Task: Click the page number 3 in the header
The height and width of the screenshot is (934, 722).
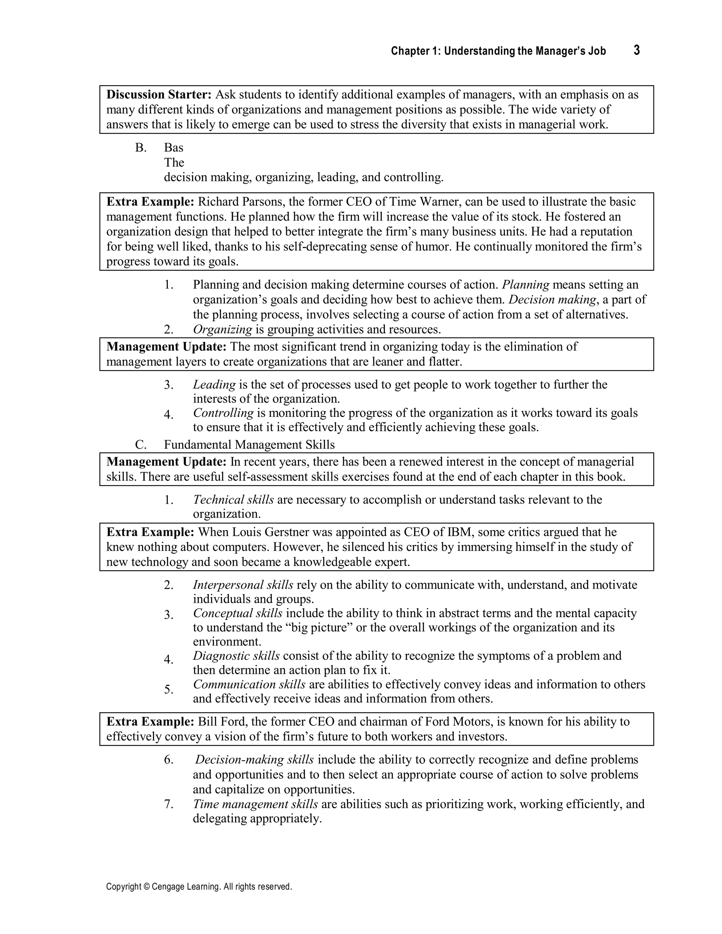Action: pyautogui.click(x=636, y=50)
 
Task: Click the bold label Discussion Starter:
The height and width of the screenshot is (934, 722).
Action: pyautogui.click(x=159, y=94)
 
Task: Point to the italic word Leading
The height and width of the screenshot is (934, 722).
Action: pyautogui.click(x=214, y=385)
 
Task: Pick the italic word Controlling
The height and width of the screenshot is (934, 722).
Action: pyautogui.click(x=223, y=413)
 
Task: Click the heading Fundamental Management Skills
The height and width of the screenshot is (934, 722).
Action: pyautogui.click(x=249, y=445)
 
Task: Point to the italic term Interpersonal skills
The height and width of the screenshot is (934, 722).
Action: pyautogui.click(x=243, y=585)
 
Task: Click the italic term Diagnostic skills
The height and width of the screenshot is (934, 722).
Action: pyautogui.click(x=236, y=656)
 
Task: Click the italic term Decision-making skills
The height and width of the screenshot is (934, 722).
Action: pyautogui.click(x=255, y=760)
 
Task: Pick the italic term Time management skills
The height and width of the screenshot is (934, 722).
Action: pyautogui.click(x=255, y=804)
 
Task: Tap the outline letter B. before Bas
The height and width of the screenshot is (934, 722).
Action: pyautogui.click(x=141, y=148)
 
